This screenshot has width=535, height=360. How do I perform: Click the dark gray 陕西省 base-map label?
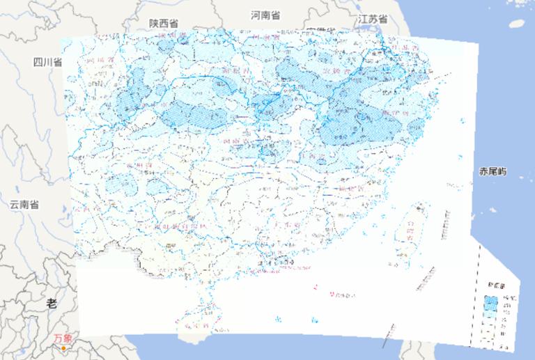[164, 24]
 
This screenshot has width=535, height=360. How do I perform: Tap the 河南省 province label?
[265, 15]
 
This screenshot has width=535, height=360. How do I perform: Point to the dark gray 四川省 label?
[47, 63]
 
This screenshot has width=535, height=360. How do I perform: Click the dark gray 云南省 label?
[24, 205]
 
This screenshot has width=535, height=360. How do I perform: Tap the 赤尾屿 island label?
[493, 172]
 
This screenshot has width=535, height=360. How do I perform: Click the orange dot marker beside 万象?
[63, 347]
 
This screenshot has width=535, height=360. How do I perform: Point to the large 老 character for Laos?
[52, 303]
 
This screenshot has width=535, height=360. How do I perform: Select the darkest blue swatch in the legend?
[491, 302]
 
